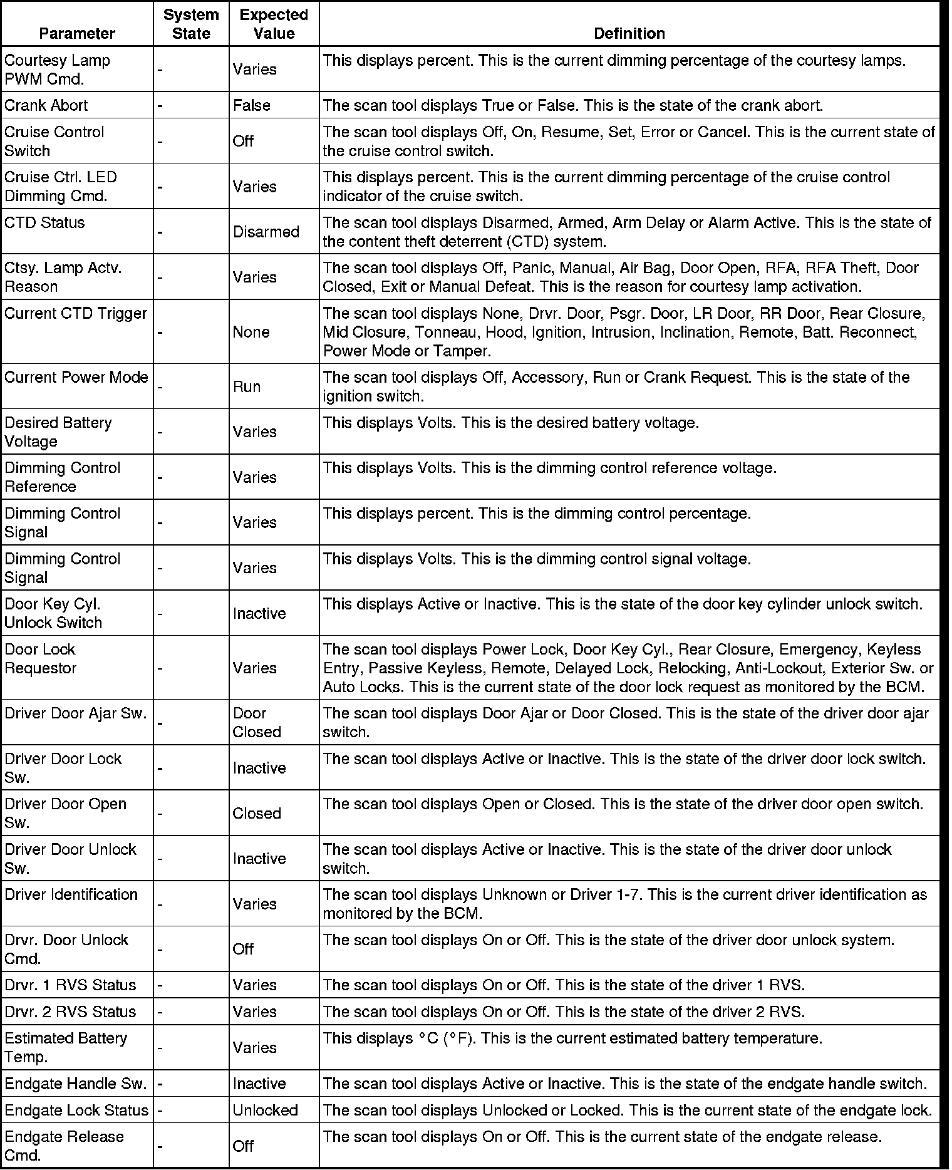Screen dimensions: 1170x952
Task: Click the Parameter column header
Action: (x=77, y=33)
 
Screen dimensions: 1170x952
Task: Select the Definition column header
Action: (x=629, y=33)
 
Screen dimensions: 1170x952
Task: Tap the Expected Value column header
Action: (x=274, y=24)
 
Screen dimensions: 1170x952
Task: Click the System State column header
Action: (x=191, y=24)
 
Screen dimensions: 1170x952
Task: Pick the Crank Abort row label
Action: (x=46, y=105)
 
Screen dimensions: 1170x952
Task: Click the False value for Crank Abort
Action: (x=252, y=105)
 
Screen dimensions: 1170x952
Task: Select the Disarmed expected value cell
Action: (x=266, y=232)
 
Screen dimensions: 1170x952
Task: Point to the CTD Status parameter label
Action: (x=44, y=223)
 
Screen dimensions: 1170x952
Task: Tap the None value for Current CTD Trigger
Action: (x=251, y=332)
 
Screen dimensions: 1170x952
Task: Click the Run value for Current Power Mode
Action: (x=247, y=386)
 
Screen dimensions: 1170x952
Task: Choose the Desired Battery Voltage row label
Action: (x=58, y=432)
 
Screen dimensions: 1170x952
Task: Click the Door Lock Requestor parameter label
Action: (x=41, y=658)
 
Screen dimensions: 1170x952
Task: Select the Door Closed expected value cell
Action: (x=257, y=722)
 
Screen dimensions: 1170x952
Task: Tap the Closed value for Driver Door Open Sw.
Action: (x=257, y=813)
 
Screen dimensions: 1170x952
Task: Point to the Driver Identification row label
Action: (x=71, y=894)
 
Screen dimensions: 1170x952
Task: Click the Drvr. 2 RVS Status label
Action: (x=70, y=1012)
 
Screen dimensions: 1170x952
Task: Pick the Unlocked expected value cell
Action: (x=265, y=1110)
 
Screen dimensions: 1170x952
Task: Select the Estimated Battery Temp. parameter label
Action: (x=66, y=1047)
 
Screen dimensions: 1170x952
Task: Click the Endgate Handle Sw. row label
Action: (x=75, y=1084)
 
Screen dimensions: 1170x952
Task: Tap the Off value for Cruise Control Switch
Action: (x=243, y=141)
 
